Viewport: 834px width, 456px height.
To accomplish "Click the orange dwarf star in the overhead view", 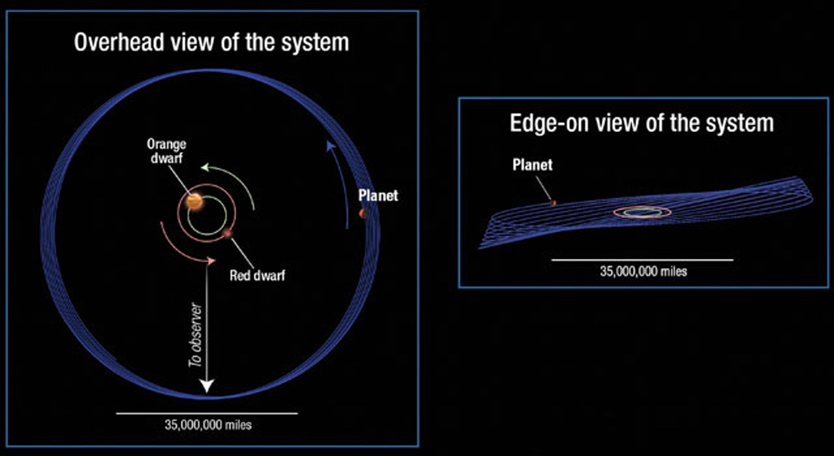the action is pyautogui.click(x=194, y=201).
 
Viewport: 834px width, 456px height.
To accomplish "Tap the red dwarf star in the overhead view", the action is pyautogui.click(x=229, y=234).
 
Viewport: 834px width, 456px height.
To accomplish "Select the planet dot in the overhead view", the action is pyautogui.click(x=364, y=213).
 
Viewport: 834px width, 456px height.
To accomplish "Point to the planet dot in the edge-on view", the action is pyautogui.click(x=553, y=203).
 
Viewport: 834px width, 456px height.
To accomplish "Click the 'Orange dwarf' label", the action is pyautogui.click(x=166, y=151).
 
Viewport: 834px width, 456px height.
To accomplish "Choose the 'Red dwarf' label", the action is pyautogui.click(x=257, y=276).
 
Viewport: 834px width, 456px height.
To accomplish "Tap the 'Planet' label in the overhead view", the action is pyautogui.click(x=378, y=195).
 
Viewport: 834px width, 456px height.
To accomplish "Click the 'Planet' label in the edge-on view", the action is pyautogui.click(x=533, y=164).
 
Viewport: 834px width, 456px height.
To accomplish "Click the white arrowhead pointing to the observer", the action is pyautogui.click(x=207, y=386).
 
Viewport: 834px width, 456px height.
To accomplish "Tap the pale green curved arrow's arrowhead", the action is pyautogui.click(x=204, y=168).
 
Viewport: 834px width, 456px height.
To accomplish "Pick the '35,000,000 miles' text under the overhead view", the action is pyautogui.click(x=208, y=424).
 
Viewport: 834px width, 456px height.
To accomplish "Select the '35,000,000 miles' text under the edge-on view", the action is pyautogui.click(x=643, y=272).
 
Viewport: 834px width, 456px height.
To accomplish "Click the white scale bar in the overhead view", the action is pyautogui.click(x=207, y=413).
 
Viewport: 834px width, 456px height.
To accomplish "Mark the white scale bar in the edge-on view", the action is pyautogui.click(x=643, y=260).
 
